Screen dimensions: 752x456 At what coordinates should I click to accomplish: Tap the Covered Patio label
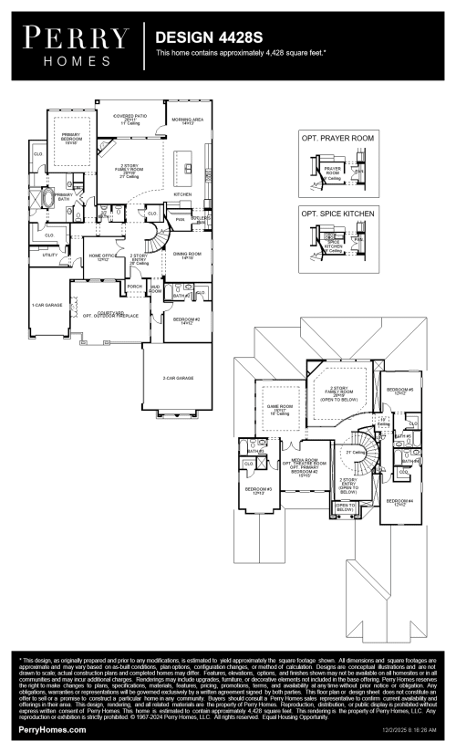(x=130, y=119)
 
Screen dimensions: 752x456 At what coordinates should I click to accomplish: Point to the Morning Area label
(x=187, y=120)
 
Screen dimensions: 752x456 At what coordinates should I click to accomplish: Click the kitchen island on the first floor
(x=189, y=168)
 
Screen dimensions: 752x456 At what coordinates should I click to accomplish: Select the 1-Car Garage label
(x=45, y=305)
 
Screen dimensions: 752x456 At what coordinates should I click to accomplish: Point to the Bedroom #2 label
(x=187, y=321)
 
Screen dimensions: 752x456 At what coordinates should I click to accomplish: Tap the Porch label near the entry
(x=134, y=287)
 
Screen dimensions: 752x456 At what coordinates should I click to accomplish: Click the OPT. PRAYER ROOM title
(x=337, y=138)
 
